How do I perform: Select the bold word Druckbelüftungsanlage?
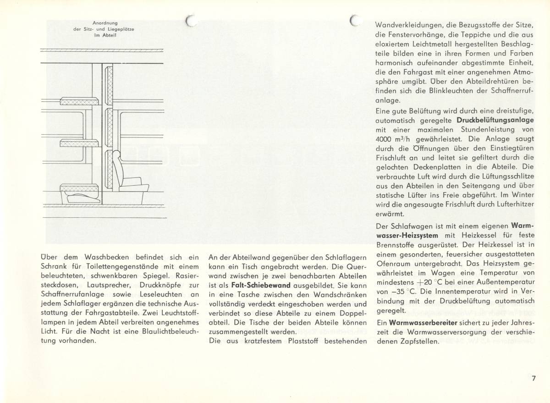(x=495, y=120)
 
